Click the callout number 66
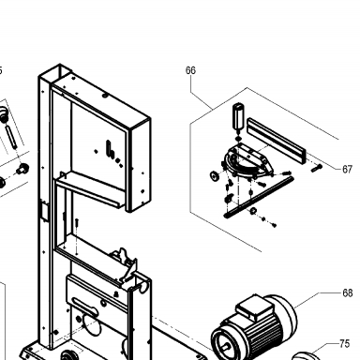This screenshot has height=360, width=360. click(x=190, y=70)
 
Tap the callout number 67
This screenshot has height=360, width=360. click(x=347, y=170)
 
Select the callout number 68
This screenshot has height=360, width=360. click(x=348, y=293)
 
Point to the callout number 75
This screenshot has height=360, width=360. click(x=344, y=344)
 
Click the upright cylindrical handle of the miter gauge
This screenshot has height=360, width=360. click(x=239, y=115)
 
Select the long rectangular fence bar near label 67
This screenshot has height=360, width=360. click(x=277, y=140)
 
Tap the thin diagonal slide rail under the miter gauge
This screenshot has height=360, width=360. click(x=259, y=197)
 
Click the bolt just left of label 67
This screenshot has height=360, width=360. click(x=317, y=168)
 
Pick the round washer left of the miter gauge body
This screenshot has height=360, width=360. click(x=215, y=176)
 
